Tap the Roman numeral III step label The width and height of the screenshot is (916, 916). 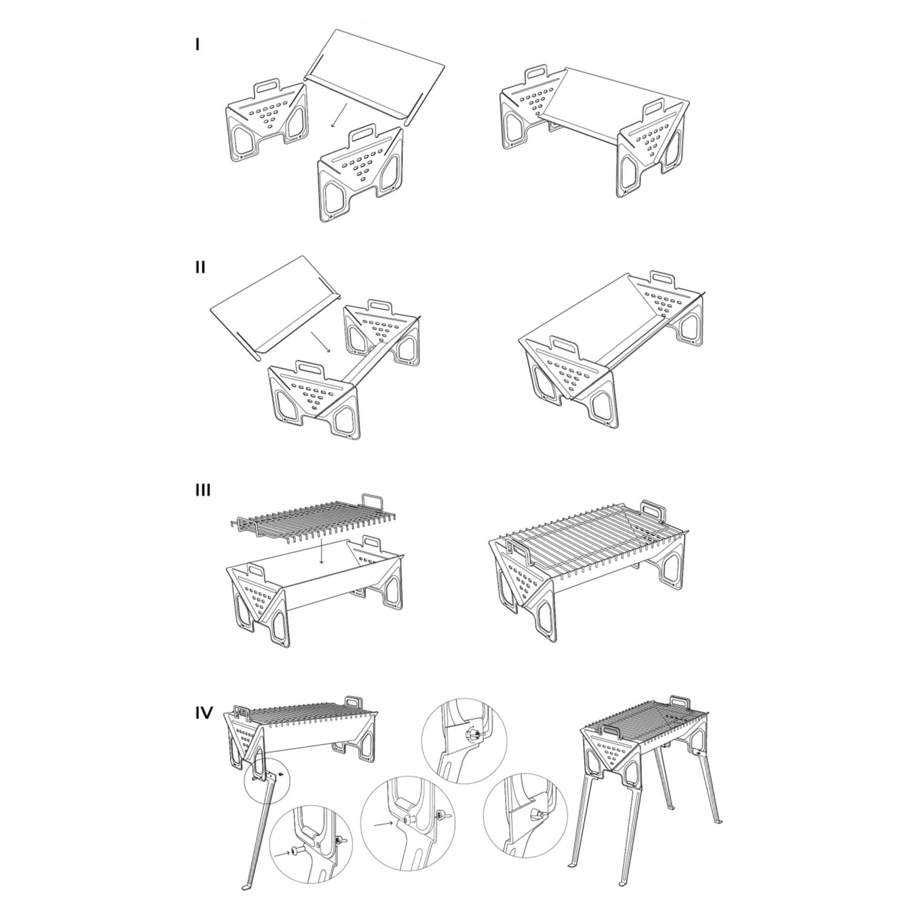[203, 490]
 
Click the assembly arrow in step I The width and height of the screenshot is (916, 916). [340, 116]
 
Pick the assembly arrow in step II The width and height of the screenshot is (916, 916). [321, 342]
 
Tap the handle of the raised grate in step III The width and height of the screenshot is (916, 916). [373, 503]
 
